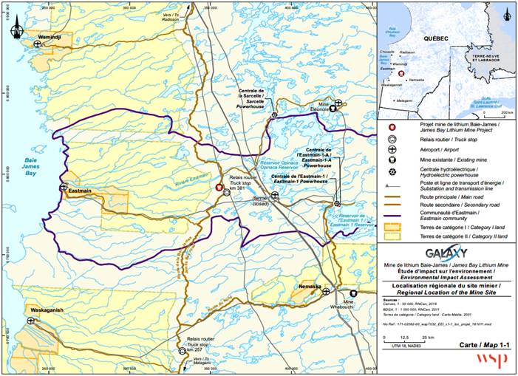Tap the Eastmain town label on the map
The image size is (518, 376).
(79, 191)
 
